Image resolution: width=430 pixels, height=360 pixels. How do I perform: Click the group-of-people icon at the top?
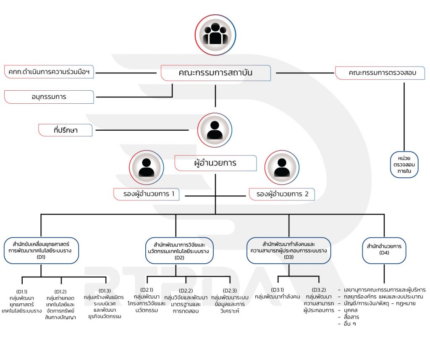point(215,35)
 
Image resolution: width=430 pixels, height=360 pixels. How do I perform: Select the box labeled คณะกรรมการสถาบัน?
point(215,73)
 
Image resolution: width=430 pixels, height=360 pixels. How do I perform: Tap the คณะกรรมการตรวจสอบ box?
point(380,73)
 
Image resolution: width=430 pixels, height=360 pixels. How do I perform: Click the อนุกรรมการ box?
point(49,97)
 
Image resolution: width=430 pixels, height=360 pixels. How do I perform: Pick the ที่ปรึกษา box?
point(65,130)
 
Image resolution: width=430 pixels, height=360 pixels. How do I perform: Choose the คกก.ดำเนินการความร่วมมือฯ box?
point(49,72)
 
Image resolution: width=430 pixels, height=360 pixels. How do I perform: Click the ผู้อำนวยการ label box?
point(215,163)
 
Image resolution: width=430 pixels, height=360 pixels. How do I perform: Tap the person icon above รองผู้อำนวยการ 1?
point(147,167)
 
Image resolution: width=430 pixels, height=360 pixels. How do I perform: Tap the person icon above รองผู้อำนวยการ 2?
point(282,167)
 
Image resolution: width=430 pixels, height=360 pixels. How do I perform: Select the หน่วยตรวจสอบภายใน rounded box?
point(404,165)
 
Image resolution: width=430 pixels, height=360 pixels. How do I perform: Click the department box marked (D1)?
point(41,250)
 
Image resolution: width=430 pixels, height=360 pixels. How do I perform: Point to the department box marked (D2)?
point(179,251)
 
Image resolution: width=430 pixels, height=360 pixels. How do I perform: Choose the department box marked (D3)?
point(289,250)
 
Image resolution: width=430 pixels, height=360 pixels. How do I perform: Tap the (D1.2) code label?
point(60,292)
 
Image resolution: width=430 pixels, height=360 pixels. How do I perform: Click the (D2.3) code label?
point(230,290)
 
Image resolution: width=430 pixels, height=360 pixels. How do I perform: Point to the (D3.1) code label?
point(278,290)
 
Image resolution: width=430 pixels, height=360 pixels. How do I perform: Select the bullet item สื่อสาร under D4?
point(351,317)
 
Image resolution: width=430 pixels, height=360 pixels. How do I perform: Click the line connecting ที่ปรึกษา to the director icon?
point(142,130)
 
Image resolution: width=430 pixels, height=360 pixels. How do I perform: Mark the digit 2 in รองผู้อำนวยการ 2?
point(307,194)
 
